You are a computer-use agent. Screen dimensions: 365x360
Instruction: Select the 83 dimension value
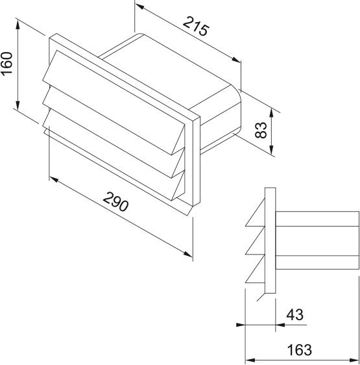pos(261,130)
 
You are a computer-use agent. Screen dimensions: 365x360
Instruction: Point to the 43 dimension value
pos(294,315)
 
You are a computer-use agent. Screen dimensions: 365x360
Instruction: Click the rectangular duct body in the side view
pos(318,240)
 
